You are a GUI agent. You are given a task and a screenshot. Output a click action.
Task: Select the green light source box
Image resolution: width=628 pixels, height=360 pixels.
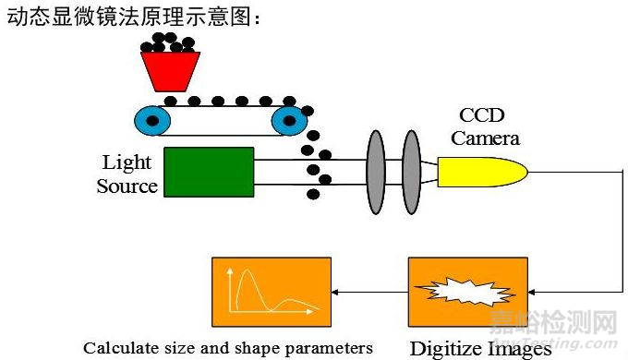coord(209,172)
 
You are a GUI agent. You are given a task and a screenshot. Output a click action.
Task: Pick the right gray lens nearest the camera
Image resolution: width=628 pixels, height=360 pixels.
coord(409,173)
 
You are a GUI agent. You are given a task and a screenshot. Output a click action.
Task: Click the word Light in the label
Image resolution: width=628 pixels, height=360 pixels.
coord(127,162)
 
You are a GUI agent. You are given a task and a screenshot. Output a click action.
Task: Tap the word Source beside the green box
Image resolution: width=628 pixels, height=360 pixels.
coord(127,186)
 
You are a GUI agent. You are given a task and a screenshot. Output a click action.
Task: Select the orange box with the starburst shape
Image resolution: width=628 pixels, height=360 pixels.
coord(467,292)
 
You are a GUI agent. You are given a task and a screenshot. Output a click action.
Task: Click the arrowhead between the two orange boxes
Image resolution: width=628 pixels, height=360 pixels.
coord(336,292)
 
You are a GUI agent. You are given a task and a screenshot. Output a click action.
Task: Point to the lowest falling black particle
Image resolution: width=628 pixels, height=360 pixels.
coord(314,194)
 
